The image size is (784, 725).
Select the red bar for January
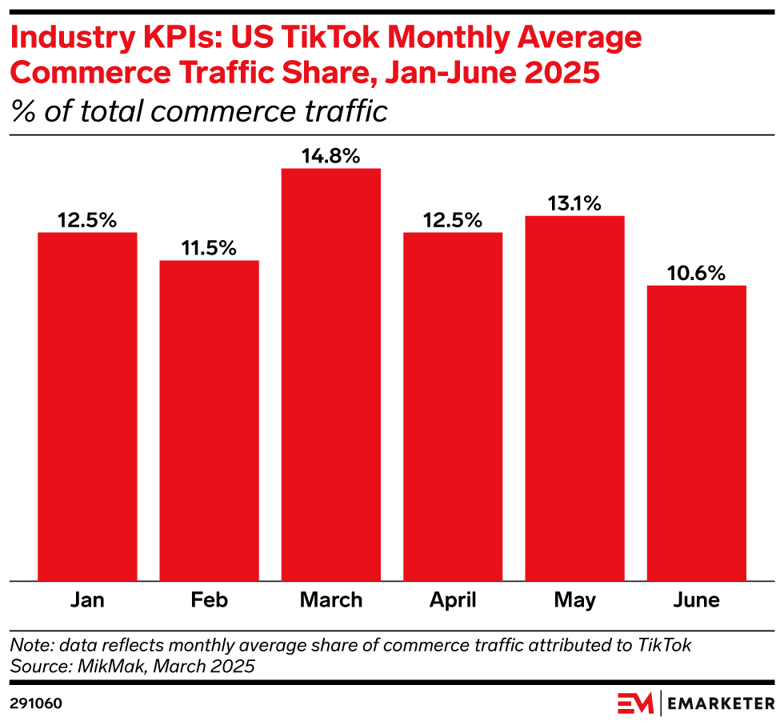[x=87, y=407]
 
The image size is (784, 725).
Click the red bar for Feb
[x=210, y=420]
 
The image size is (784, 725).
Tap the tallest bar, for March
[x=331, y=375]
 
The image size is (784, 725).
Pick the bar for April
[x=453, y=407]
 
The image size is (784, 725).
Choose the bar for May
[x=574, y=398]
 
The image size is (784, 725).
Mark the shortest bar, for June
[x=696, y=433]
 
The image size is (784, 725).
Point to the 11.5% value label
[x=210, y=248]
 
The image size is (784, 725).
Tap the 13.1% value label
[x=574, y=203]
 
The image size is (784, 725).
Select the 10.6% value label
[x=696, y=273]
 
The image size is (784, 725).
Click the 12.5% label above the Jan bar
[x=87, y=220]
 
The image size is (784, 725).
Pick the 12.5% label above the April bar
[x=453, y=220]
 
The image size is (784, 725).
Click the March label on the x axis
[x=331, y=600]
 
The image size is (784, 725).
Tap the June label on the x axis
[x=696, y=600]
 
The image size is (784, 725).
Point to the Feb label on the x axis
[x=210, y=600]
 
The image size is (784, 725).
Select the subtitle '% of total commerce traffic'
[x=199, y=110]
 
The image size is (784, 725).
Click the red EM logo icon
[x=635, y=703]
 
